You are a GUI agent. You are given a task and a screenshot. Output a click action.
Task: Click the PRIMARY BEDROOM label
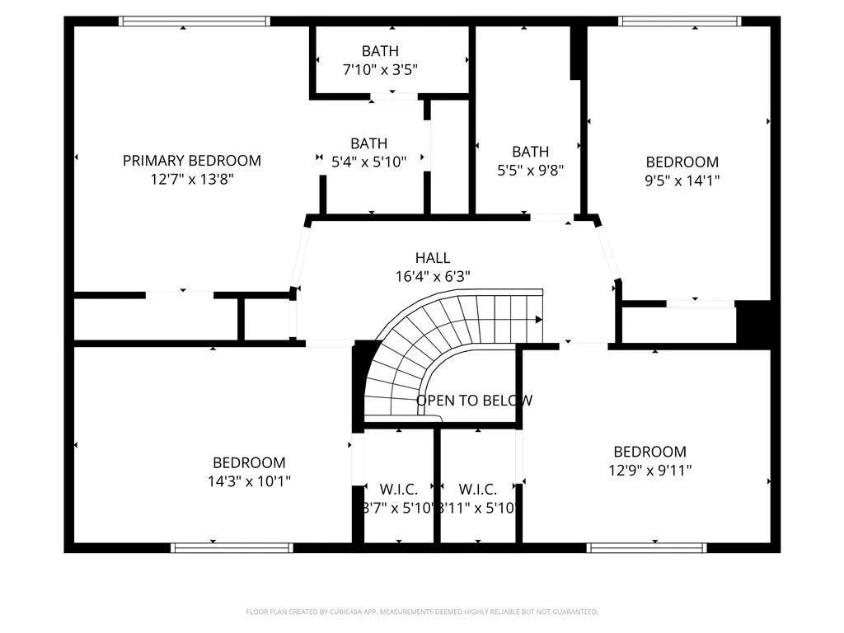[x=191, y=161]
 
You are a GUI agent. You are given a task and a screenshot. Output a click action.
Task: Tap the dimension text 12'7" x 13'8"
[x=191, y=180]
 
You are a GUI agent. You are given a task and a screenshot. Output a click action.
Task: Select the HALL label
[x=433, y=258]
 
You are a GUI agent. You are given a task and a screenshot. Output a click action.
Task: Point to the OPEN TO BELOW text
[x=474, y=401]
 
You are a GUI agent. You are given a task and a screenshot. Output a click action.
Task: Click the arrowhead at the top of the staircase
[x=538, y=319]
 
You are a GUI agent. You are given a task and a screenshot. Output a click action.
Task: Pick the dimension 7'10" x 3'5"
[x=380, y=70]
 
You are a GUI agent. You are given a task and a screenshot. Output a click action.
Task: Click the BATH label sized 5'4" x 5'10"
[x=368, y=143]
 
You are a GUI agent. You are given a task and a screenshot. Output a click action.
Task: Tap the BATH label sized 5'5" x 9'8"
[x=530, y=152]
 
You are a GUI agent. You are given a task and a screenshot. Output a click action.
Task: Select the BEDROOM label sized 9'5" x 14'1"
[x=682, y=162]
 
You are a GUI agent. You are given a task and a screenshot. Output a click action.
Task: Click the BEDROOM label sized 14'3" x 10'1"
[x=249, y=463]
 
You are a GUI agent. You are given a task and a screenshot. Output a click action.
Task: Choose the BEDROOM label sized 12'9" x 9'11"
[x=649, y=452]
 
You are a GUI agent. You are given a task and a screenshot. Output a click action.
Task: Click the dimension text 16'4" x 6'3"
[x=433, y=277]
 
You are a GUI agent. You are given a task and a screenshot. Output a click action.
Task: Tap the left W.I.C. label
[x=398, y=490]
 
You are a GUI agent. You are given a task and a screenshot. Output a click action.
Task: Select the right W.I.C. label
[x=478, y=490]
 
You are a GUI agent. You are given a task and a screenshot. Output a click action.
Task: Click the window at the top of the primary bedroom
[x=195, y=21]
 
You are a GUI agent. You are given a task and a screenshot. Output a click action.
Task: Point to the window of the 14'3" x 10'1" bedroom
[x=232, y=547]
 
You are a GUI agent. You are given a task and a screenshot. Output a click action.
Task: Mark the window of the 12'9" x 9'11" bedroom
[x=646, y=547]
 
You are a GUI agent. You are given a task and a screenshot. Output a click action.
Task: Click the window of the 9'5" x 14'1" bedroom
[x=680, y=21]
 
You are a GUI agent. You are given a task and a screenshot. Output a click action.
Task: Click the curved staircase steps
[x=412, y=346]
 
